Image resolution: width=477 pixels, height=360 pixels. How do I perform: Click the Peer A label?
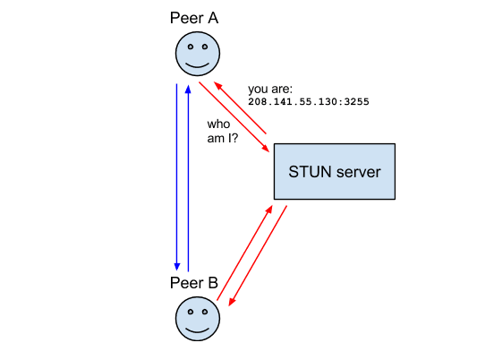(x=194, y=18)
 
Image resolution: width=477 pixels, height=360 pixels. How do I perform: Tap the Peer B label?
(x=194, y=283)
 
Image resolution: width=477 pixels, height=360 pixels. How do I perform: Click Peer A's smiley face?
(x=198, y=54)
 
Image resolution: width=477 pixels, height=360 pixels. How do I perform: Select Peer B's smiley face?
(x=198, y=318)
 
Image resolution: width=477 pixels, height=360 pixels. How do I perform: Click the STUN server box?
(x=335, y=172)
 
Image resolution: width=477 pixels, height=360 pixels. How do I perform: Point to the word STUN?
(x=310, y=172)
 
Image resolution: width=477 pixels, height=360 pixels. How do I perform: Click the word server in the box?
(x=359, y=172)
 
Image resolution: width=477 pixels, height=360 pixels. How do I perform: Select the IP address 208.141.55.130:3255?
(x=309, y=101)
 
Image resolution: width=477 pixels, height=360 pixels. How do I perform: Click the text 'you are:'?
(x=270, y=90)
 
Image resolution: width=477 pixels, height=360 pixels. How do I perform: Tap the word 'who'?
(x=218, y=124)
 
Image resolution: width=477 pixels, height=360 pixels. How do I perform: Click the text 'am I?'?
(x=223, y=139)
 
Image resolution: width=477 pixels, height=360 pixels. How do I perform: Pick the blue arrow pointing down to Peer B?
(x=176, y=177)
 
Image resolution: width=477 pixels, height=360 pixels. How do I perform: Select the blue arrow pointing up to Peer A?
(x=188, y=178)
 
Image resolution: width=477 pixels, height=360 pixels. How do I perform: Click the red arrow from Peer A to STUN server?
(x=234, y=116)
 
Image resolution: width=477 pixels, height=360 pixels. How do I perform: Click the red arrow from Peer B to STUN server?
(x=244, y=253)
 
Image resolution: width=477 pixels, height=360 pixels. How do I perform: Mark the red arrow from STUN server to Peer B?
(x=258, y=255)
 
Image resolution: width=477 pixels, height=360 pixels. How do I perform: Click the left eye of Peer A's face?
(x=191, y=47)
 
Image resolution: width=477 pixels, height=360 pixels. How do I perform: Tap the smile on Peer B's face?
(x=198, y=330)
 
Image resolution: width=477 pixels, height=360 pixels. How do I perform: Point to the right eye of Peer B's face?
(x=205, y=312)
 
